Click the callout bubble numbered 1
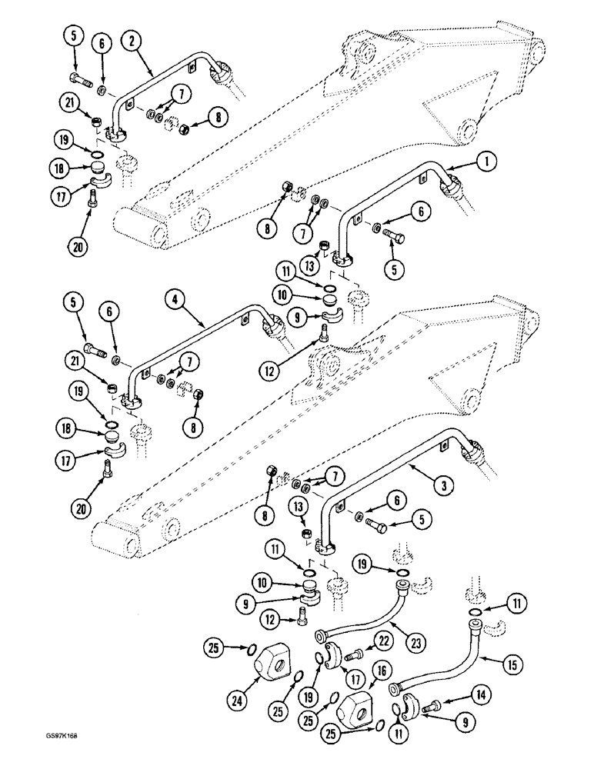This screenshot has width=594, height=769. pyautogui.click(x=490, y=161)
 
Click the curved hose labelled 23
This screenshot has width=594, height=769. pyautogui.click(x=358, y=611)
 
